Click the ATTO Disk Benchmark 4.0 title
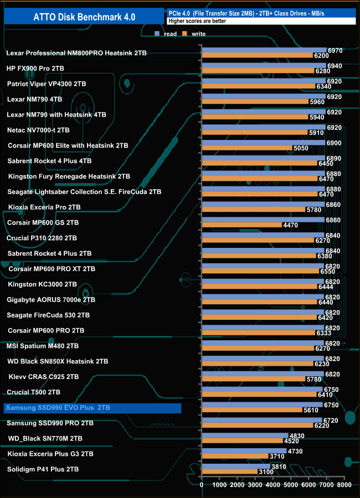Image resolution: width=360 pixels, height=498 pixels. tap(83, 17)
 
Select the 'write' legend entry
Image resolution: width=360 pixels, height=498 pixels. tap(198, 34)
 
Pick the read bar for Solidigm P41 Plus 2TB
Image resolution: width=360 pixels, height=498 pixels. tap(236, 466)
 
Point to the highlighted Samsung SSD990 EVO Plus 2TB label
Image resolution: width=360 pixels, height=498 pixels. tap(92, 408)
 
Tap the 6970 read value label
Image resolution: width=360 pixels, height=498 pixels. tap(335, 50)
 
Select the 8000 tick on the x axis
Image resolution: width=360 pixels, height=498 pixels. tap(344, 485)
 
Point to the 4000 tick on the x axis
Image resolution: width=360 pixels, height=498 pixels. tap(273, 485)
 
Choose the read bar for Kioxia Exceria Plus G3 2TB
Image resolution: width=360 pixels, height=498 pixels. tap(244, 450)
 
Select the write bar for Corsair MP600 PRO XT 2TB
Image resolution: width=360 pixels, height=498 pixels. tap(260, 272)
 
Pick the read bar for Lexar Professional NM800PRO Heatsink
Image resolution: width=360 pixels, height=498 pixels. tap(264, 50)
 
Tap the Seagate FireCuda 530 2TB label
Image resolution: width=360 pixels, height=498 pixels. tap(48, 315)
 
